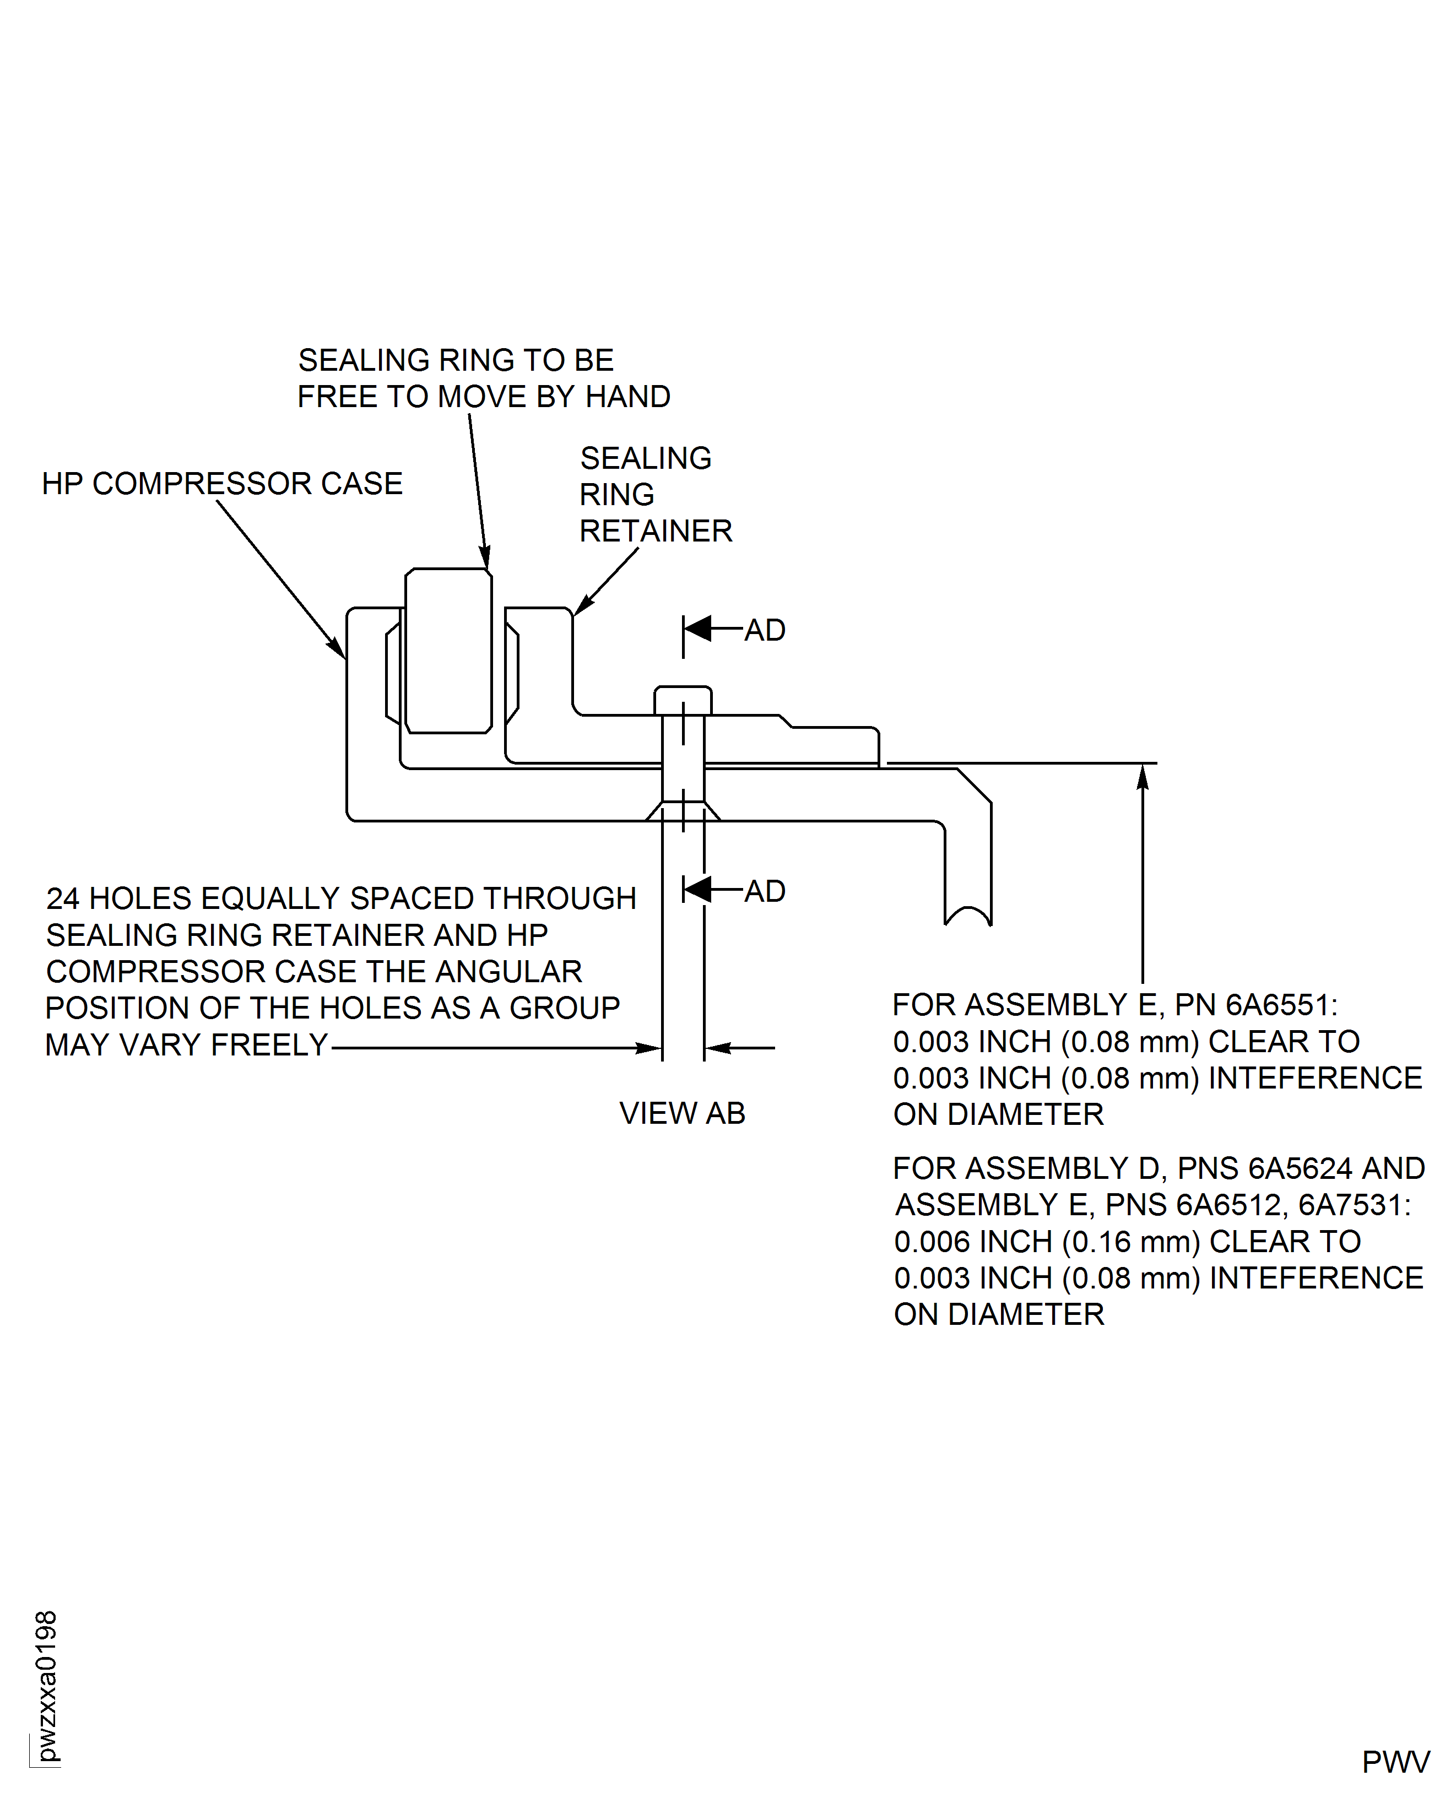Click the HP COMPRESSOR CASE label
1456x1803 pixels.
tap(222, 484)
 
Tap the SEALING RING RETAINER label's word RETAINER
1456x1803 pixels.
tap(656, 531)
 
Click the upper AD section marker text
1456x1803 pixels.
tap(765, 630)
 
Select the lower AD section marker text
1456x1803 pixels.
tap(765, 891)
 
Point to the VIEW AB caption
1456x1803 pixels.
tap(682, 1113)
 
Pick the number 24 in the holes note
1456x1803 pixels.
tap(63, 898)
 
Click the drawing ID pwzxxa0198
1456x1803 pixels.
tap(47, 1686)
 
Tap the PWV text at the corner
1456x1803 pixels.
tap(1395, 1762)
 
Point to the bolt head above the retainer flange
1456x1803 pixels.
tap(683, 700)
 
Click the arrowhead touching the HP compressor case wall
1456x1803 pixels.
tap(337, 648)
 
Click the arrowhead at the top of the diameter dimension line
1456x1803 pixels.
tap(1143, 777)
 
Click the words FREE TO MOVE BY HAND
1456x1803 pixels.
tap(484, 397)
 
